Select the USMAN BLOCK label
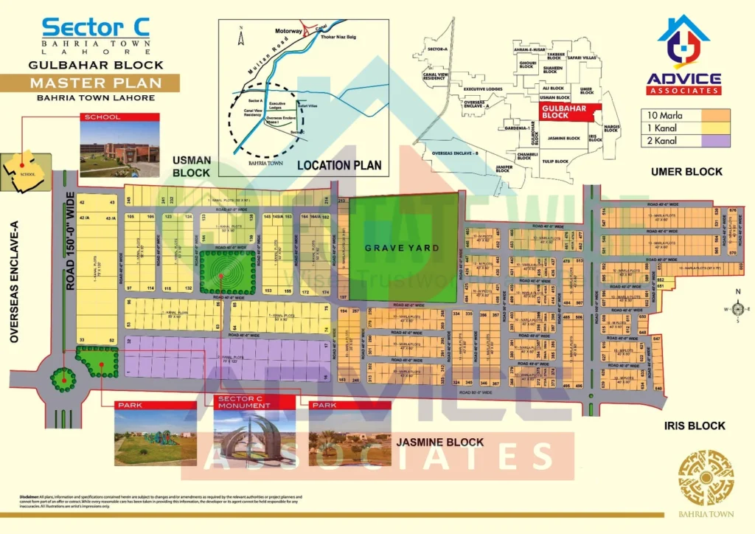coord(192,166)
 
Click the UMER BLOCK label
coord(686,172)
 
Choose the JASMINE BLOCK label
coord(440,443)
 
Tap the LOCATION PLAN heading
coord(339,165)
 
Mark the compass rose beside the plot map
coord(739,309)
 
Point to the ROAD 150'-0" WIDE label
coord(72,236)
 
